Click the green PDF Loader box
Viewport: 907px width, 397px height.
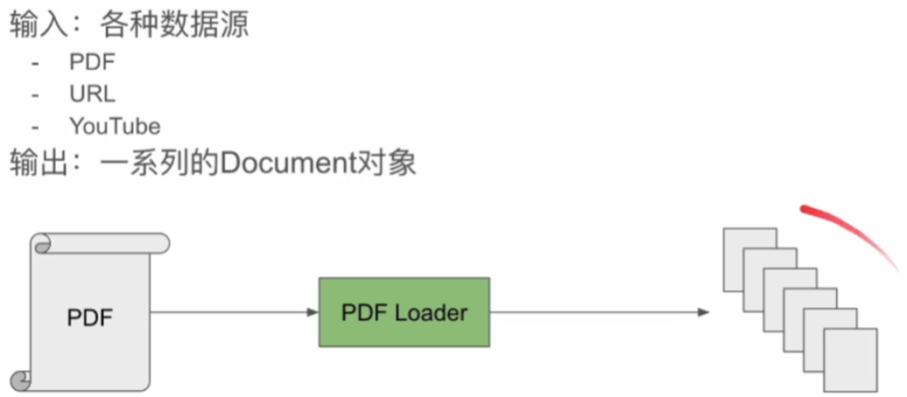click(404, 312)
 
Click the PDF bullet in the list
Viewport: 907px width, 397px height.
click(92, 62)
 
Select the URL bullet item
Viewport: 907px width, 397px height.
click(92, 94)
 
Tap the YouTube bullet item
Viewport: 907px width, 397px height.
click(115, 126)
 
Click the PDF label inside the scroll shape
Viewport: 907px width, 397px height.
click(91, 317)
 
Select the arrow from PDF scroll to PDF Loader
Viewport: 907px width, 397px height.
click(233, 312)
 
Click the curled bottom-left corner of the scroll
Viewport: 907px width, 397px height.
click(21, 380)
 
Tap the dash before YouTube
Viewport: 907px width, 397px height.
click(35, 126)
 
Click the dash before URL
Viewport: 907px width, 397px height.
click(35, 94)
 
